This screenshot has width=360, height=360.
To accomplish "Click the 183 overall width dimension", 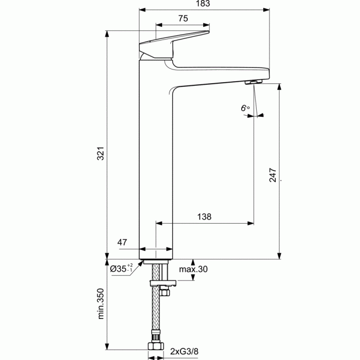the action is pos(203,4).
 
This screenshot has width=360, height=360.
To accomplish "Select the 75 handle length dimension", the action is pos(183,19).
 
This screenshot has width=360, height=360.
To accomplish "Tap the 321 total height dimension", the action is pos(101,153).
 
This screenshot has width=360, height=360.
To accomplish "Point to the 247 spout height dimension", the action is pos(273,175).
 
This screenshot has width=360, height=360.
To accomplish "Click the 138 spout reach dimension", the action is pos(204,217).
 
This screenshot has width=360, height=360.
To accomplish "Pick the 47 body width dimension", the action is pos(122,242).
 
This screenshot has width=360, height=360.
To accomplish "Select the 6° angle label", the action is pos(245,108).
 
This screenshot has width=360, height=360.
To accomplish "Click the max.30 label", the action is pos(193,269).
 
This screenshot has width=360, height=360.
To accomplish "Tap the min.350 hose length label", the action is pos(101,303).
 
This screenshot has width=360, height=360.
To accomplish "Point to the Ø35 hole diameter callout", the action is pos(121,268).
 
